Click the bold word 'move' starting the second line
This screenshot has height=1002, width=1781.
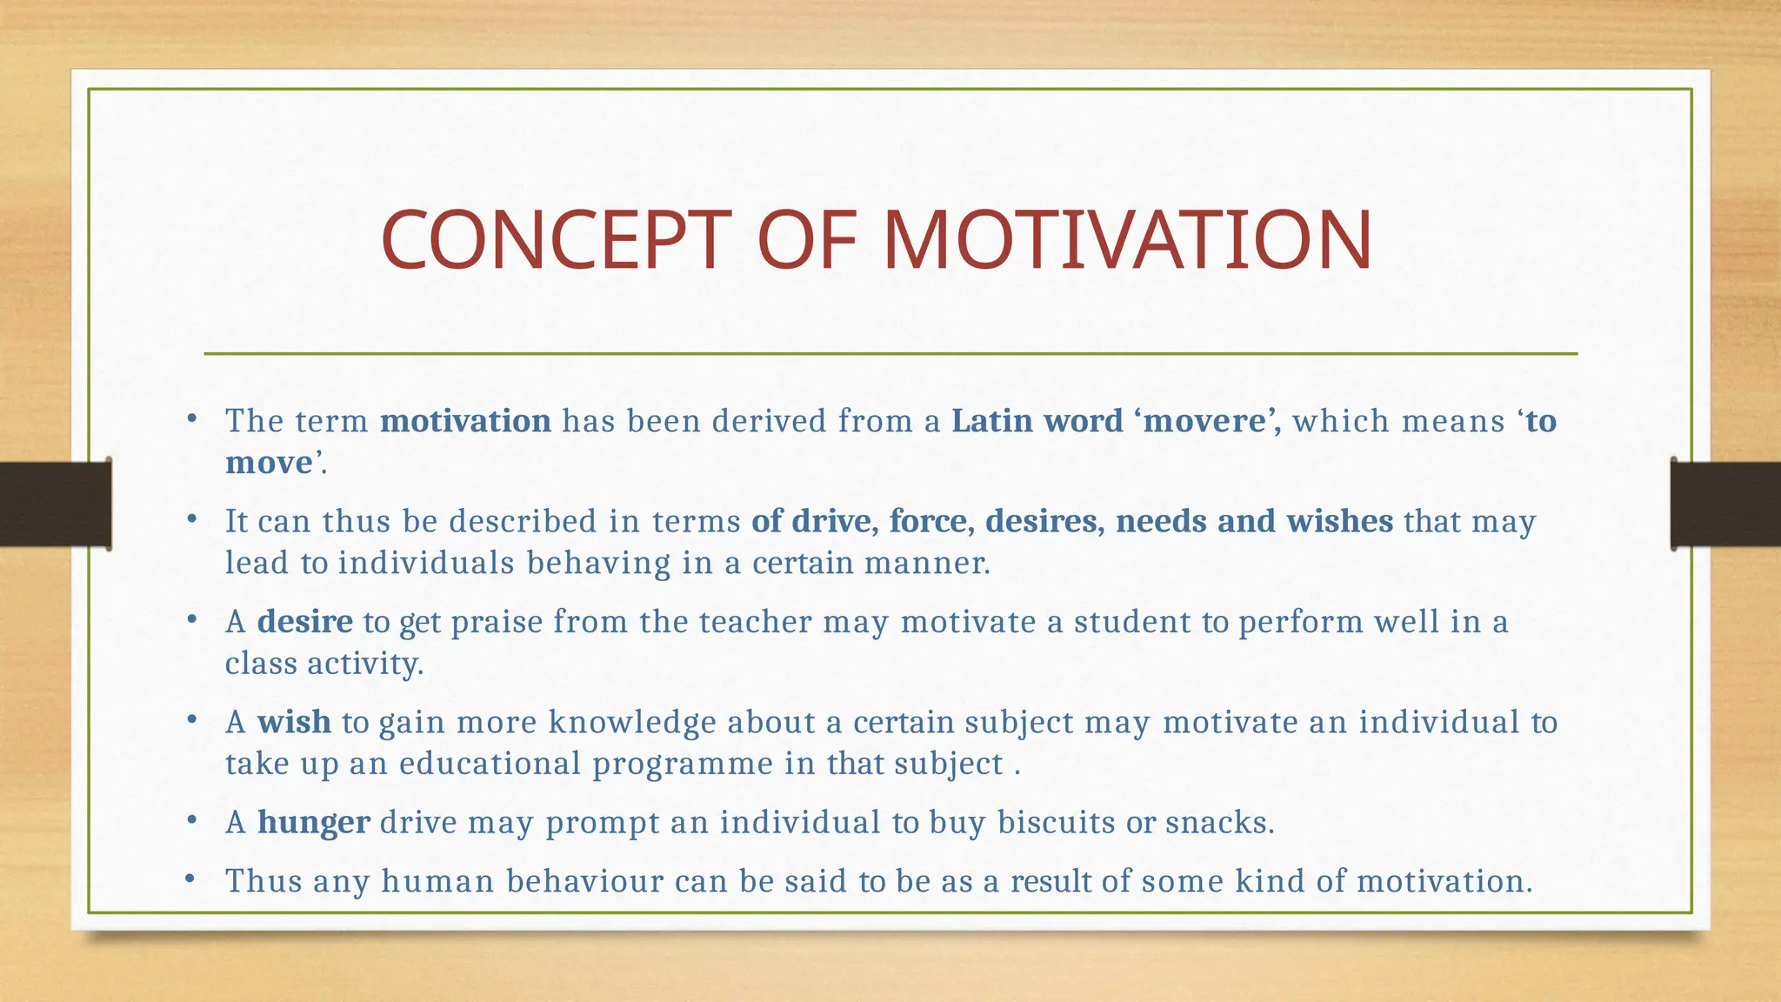[x=269, y=463]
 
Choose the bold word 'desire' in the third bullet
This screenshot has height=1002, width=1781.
[x=305, y=622]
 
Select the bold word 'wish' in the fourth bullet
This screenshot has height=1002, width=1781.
[x=294, y=722]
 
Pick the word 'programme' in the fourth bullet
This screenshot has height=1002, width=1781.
[x=683, y=764]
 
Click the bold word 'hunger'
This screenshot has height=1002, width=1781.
[x=314, y=822]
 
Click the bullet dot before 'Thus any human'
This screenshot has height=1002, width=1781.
[x=190, y=879]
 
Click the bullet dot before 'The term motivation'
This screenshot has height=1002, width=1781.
[x=190, y=420]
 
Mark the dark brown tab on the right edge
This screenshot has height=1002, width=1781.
[x=1725, y=504]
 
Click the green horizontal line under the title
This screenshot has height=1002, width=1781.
[x=890, y=354]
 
